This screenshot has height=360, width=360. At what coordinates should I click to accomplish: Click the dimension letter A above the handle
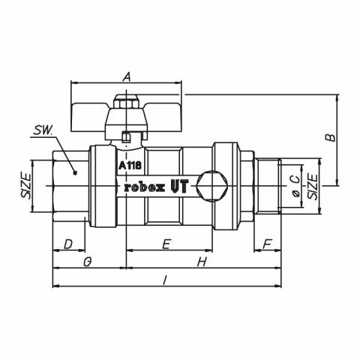(x=127, y=76)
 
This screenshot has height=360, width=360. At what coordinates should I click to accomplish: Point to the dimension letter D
(x=67, y=244)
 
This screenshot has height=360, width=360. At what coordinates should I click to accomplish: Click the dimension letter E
(x=166, y=244)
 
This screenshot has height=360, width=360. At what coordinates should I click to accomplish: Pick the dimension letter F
(x=267, y=244)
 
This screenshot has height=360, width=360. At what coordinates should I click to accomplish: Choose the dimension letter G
(x=87, y=262)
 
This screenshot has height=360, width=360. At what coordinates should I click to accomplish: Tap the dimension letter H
(x=202, y=262)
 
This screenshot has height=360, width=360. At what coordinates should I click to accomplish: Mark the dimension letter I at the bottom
(x=164, y=280)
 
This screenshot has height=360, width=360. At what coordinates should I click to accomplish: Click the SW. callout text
(x=43, y=130)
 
